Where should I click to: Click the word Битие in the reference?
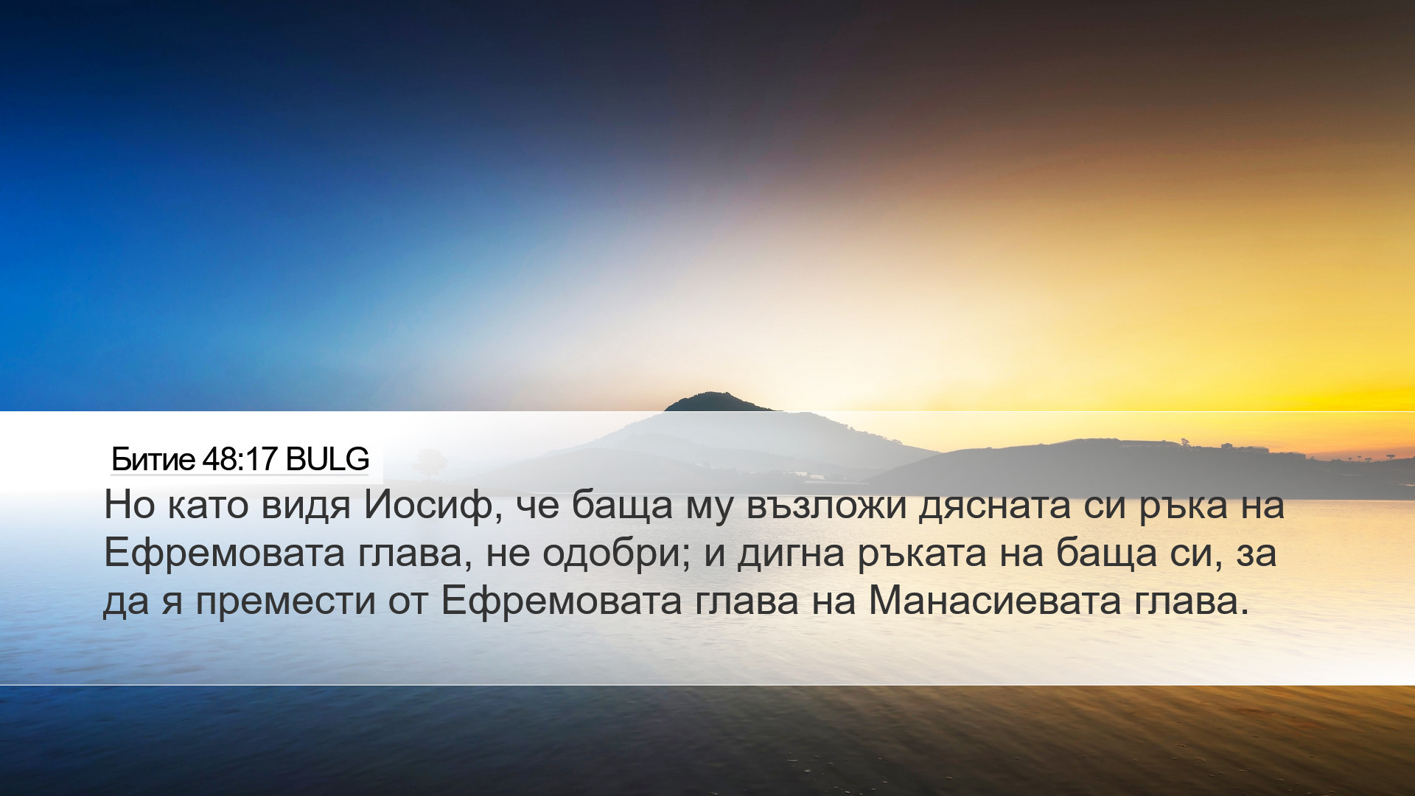153,459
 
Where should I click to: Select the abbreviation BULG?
327,459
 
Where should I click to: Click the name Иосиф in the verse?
427,506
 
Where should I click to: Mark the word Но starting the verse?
130,505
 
